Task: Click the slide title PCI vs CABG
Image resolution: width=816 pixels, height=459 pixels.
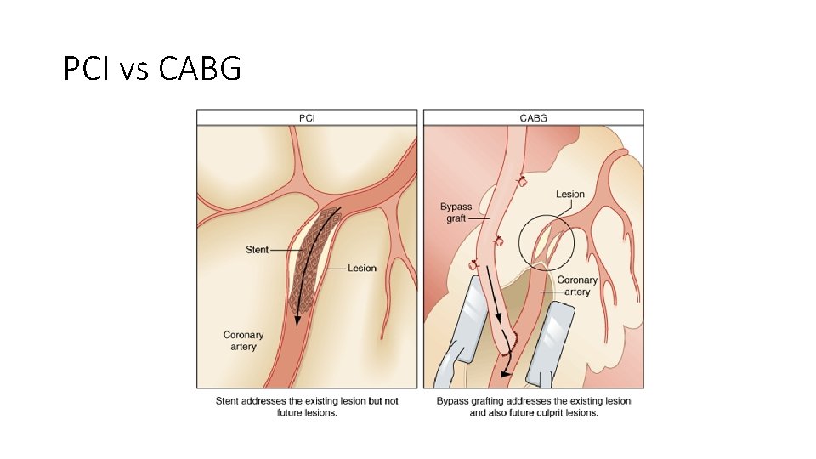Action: [x=152, y=67]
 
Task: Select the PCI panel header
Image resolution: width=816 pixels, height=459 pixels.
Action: [x=307, y=117]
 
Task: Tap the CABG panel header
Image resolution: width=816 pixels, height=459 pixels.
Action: [x=533, y=117]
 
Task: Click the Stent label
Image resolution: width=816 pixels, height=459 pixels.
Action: [x=258, y=250]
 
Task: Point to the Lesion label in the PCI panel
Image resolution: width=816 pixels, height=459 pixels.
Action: [x=362, y=269]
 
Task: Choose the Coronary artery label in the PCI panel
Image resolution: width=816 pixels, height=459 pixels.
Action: [x=244, y=341]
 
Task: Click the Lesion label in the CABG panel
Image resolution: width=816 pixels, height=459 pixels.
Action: [x=570, y=195]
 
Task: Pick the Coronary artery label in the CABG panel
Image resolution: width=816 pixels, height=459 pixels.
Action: [x=578, y=286]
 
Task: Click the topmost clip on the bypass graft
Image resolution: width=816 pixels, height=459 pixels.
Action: [x=522, y=180]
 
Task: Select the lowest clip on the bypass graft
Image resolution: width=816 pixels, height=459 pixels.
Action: [x=473, y=266]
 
